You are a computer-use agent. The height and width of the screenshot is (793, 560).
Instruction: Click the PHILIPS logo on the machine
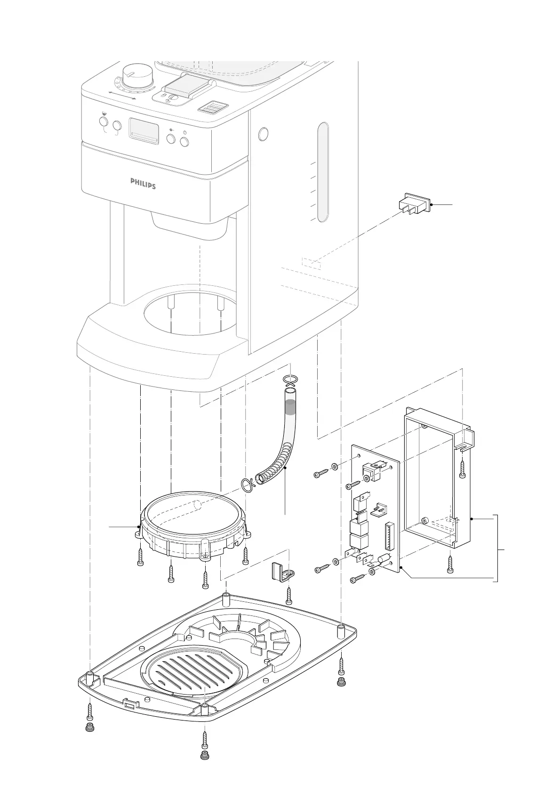(x=143, y=183)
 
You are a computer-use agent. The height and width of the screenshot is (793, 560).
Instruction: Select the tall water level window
(x=322, y=172)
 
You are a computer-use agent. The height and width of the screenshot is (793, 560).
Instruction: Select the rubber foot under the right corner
(x=341, y=682)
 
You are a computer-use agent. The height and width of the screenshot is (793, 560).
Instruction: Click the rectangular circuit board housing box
(x=438, y=480)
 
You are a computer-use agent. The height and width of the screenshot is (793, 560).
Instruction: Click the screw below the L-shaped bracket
(x=289, y=594)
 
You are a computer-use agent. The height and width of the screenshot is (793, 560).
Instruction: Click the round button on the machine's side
(x=263, y=134)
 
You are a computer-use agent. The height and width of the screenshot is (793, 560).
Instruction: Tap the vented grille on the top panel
(x=213, y=108)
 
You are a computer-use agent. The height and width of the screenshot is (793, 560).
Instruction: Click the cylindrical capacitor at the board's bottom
(x=384, y=560)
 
